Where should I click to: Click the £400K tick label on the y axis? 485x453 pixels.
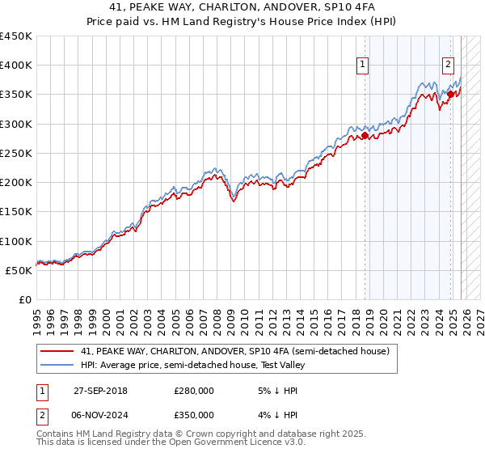coord(16,66)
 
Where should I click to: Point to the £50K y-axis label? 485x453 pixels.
coord(19,270)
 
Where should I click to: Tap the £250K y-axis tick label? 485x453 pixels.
coord(16,153)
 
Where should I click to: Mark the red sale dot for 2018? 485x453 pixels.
coord(365,136)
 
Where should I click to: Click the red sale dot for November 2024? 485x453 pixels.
coord(450,95)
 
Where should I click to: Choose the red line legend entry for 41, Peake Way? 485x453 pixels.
coord(234,351)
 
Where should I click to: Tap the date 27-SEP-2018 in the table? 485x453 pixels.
coord(100,391)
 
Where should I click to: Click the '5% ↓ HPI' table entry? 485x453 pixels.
coord(272,391)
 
